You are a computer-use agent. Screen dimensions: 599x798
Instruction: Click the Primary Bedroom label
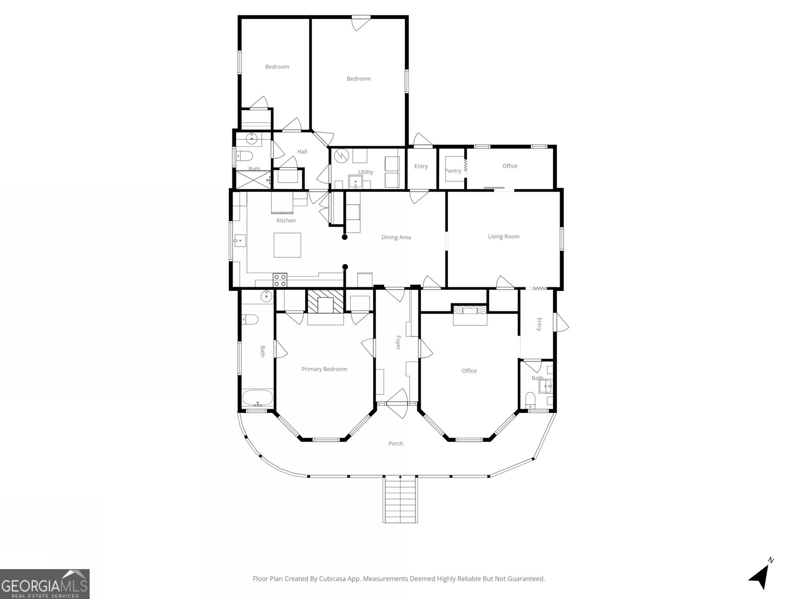[324, 369]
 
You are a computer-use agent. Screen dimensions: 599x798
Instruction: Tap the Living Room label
[504, 237]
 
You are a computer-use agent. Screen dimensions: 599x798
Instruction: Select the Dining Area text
[396, 238]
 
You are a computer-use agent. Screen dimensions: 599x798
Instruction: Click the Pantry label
[453, 171]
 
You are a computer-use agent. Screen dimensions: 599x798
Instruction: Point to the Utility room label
[366, 172]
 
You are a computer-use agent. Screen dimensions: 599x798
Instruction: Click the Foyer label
[398, 342]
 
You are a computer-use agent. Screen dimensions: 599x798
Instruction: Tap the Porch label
[396, 443]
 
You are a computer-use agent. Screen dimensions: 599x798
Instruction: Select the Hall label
[302, 152]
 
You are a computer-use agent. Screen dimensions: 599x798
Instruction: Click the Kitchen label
[286, 221]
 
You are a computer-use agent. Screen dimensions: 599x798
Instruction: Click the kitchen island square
[287, 245]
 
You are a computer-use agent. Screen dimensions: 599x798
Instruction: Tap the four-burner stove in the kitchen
[280, 280]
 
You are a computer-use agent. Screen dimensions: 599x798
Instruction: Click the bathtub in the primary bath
[257, 399]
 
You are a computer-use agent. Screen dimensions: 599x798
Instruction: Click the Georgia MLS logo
[44, 584]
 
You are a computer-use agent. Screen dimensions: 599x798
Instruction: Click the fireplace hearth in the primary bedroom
[325, 302]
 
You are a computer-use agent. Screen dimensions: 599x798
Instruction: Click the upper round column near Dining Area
[345, 237]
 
